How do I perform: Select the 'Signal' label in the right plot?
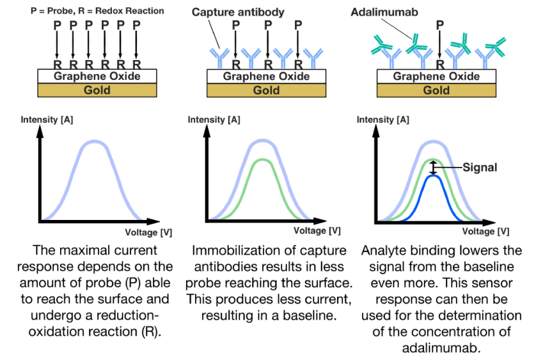[479, 168]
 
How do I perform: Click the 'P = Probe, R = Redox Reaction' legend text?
[97, 10]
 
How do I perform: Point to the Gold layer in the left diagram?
[97, 90]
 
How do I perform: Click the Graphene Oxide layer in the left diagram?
[97, 76]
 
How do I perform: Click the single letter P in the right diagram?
[439, 25]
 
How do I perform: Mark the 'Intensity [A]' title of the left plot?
[43, 120]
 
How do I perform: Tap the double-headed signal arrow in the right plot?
[433, 168]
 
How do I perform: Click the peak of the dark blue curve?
[434, 176]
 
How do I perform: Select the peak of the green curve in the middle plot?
[263, 160]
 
